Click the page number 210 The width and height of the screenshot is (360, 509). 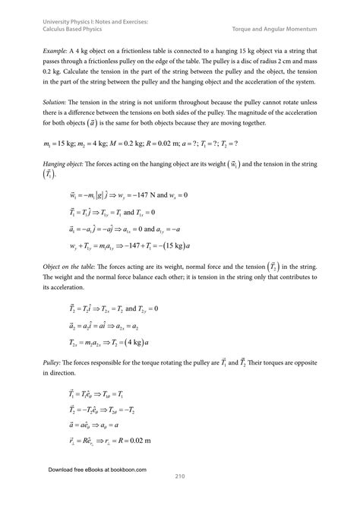pos(180,476)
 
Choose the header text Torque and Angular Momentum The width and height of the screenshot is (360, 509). pos(285,30)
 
